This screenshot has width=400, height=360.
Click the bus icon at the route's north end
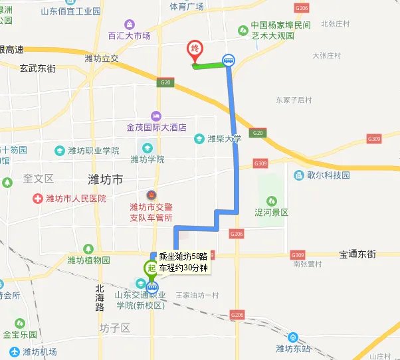coord(229,60)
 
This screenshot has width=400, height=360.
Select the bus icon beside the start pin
coord(153,288)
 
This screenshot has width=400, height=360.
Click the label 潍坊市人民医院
coord(75,199)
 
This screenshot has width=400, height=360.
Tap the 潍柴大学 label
coord(223,139)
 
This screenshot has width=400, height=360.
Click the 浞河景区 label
coord(272,213)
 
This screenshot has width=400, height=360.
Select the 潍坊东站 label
coord(294,348)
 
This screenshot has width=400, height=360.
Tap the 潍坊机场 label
coord(40,351)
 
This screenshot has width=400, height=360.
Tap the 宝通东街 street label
coord(357,254)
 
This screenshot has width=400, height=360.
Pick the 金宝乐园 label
coord(24,335)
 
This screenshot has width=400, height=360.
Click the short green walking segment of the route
coord(209,64)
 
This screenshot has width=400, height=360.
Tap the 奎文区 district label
coord(38,179)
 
